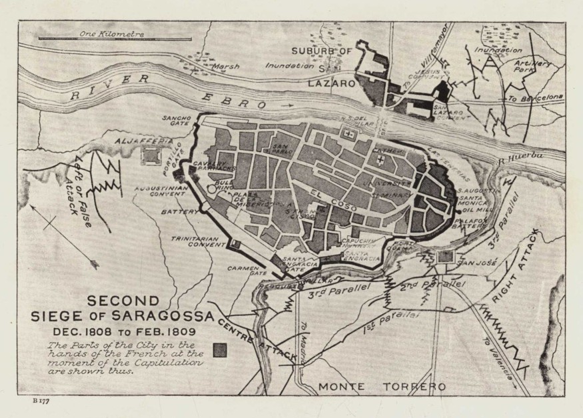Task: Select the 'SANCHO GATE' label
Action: (176, 120)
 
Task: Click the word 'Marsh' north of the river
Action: (225, 67)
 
